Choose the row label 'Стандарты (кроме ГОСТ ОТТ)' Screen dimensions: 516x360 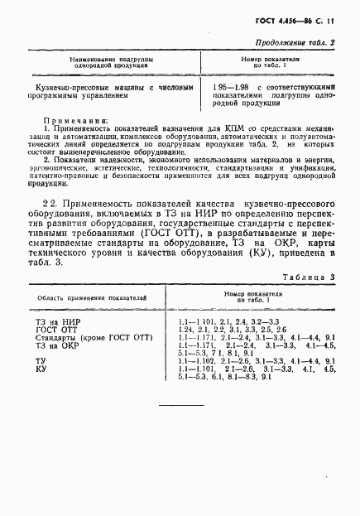point(88,339)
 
